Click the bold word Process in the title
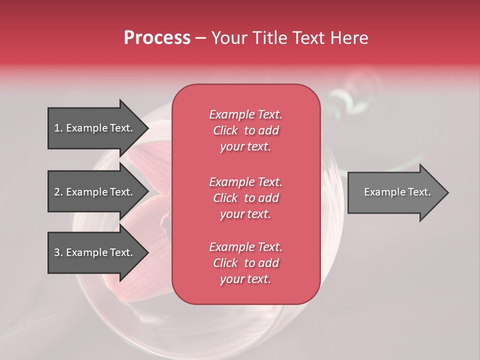[157, 38]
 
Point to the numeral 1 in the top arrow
[57, 128]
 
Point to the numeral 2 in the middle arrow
[57, 192]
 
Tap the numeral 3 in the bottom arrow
[57, 252]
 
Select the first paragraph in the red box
[245, 130]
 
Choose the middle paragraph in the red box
[245, 198]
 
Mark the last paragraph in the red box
[245, 263]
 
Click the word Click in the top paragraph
[225, 130]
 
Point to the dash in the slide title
[200, 38]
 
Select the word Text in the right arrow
[419, 192]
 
